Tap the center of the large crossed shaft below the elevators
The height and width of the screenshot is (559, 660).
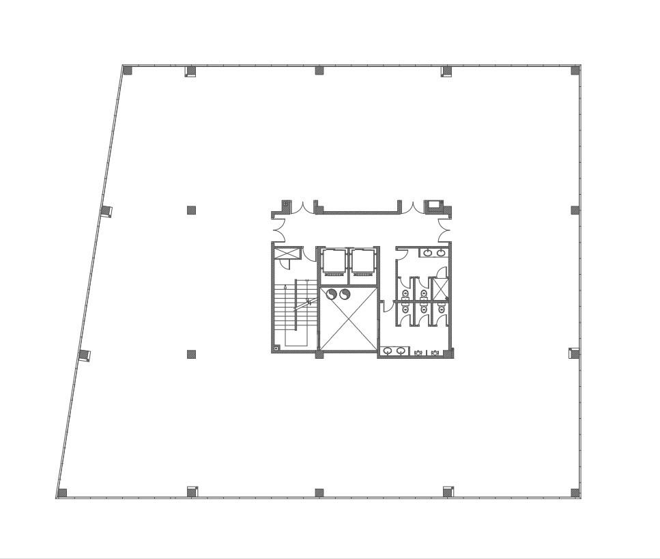point(348,320)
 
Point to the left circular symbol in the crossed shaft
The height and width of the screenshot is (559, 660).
point(332,295)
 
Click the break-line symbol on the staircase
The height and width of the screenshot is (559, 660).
point(308,301)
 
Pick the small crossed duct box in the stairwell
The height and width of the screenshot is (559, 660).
point(287,254)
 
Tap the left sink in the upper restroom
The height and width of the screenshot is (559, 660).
point(427,253)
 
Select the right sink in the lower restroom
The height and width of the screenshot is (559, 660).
point(401,351)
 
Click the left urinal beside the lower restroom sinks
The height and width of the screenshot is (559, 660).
point(418,353)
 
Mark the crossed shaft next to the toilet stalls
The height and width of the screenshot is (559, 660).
point(441,290)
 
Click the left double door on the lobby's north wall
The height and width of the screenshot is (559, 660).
point(303,207)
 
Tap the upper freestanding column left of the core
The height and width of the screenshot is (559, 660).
point(192,210)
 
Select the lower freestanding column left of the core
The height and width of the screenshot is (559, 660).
point(192,355)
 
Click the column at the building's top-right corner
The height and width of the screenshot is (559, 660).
point(575,70)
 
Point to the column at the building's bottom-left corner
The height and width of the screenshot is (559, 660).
point(62,493)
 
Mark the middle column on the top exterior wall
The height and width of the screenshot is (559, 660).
point(319,70)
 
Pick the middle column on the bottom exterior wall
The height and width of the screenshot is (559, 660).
point(319,492)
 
